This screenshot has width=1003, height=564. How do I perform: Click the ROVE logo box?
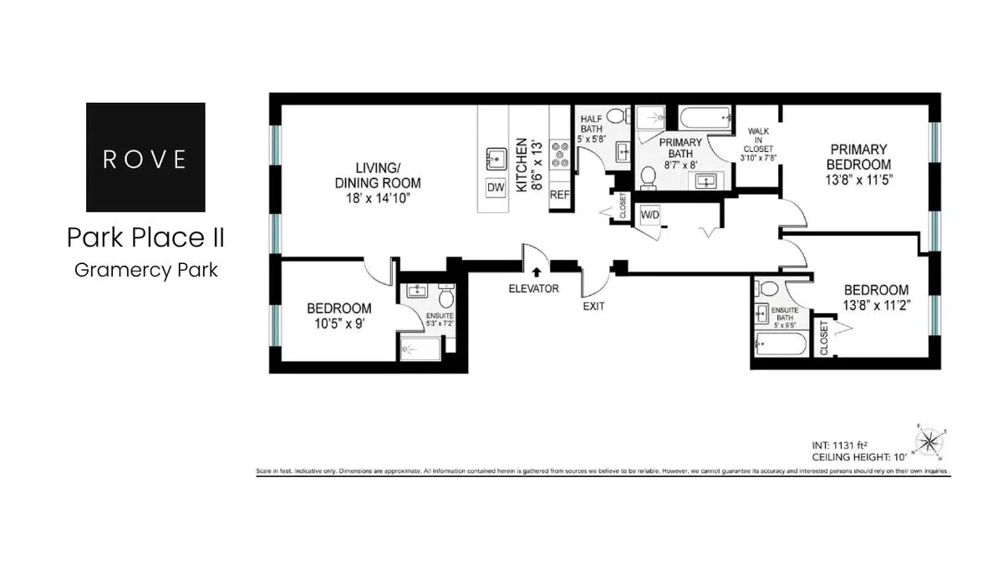(146, 157)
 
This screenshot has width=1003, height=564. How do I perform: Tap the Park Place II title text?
(146, 238)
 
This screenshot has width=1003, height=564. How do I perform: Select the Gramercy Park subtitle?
(146, 270)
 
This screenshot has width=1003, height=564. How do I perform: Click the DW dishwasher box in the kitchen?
(496, 188)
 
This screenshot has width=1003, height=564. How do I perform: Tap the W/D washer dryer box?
(649, 216)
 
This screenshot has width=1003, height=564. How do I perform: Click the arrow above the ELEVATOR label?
(536, 271)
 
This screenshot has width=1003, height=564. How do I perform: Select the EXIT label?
(593, 306)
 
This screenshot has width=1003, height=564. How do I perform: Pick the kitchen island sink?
(496, 158)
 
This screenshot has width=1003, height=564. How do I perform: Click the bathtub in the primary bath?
(705, 116)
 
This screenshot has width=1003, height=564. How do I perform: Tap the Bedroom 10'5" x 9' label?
(339, 315)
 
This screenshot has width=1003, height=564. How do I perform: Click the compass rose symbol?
(929, 440)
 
